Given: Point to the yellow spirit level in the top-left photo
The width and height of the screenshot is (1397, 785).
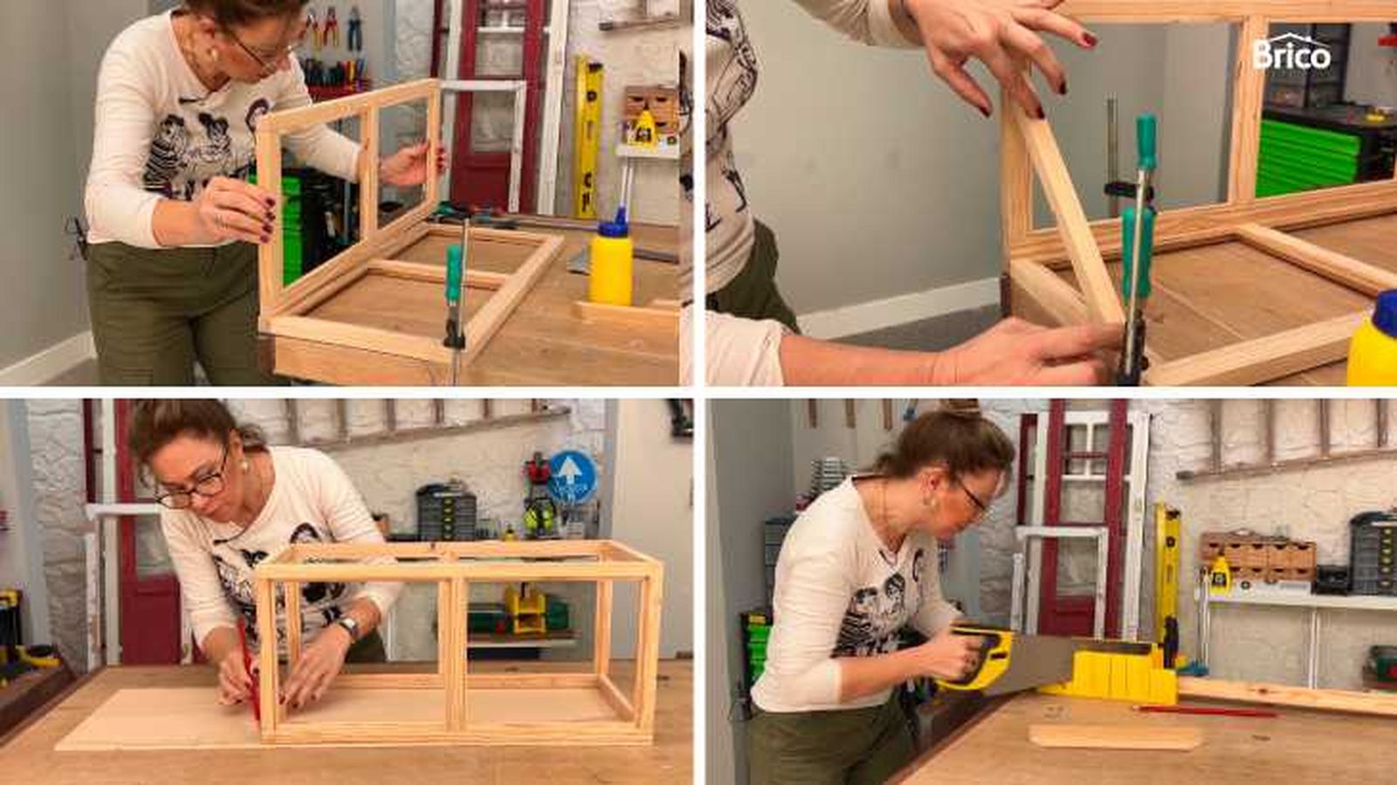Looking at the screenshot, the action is pos(588,138).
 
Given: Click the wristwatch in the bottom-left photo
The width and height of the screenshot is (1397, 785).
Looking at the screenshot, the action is pos(349,627).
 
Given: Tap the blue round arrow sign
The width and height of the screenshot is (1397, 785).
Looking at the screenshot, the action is pos(572,477).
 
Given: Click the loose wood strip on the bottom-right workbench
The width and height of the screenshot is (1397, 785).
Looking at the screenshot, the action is pos(1114,737).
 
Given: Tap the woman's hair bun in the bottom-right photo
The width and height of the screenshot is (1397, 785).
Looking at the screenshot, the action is pos(961,409).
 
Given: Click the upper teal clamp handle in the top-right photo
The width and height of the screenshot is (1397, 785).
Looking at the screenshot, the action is pos(1146,143).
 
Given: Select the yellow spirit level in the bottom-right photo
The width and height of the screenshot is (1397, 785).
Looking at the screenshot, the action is pos(1166,586).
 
